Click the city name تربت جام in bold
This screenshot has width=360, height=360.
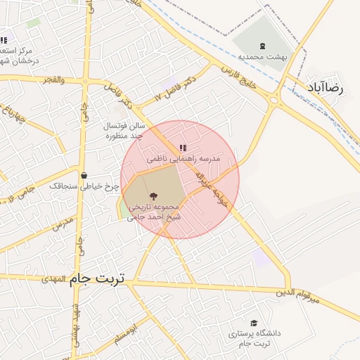click(96, 279)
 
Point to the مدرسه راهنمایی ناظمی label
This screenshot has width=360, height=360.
click(184, 160)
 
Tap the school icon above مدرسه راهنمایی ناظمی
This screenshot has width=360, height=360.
click(183, 148)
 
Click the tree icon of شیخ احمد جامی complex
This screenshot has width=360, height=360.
click(153, 196)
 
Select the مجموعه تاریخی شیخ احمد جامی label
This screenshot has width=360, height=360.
click(154, 213)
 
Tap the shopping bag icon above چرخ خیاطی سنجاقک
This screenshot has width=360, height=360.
click(84, 176)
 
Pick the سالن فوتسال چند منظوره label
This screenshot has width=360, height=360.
click(124, 130)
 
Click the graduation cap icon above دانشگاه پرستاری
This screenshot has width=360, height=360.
click(254, 322)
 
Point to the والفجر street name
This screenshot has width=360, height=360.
click(53, 80)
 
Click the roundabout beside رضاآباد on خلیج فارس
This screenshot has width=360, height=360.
click(273, 99)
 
